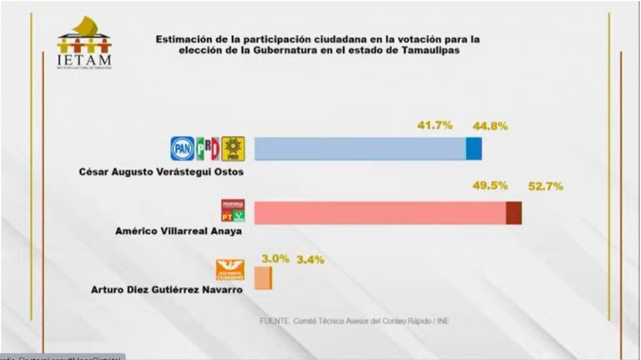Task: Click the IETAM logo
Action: click(x=84, y=43)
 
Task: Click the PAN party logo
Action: click(x=182, y=149)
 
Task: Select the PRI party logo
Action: click(x=207, y=149)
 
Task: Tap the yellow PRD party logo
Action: click(x=233, y=149)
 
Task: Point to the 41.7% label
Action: click(x=434, y=125)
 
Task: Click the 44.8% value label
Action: click(x=490, y=127)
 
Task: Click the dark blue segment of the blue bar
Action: click(x=473, y=149)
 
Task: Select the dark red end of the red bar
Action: click(x=514, y=213)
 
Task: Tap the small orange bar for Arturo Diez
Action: click(x=263, y=277)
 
